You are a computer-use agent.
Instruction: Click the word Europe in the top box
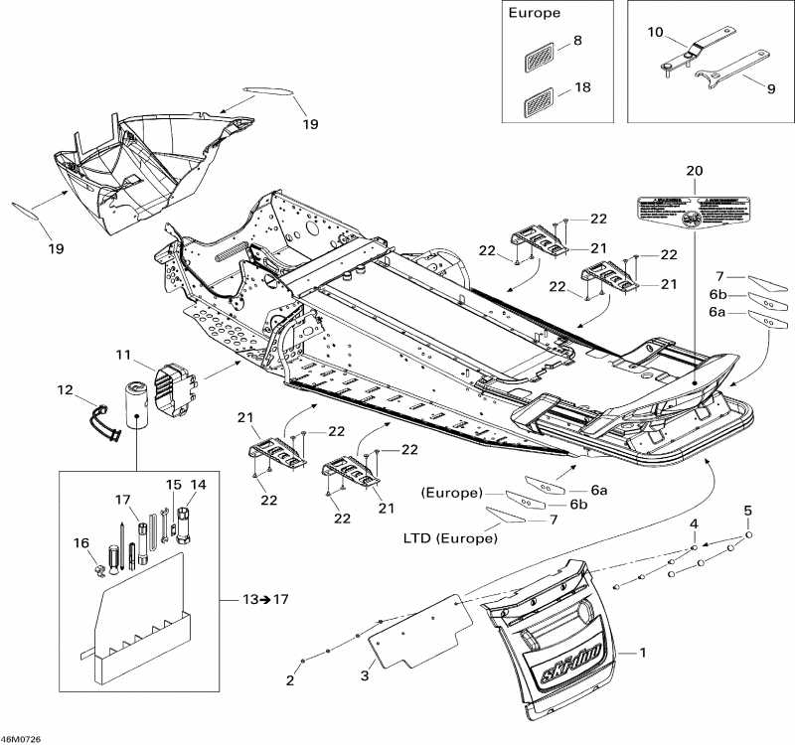[x=534, y=14]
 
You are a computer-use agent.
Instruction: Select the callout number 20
[x=694, y=171]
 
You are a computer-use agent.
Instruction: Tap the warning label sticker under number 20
[x=692, y=212]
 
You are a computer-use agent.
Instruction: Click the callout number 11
[x=123, y=355]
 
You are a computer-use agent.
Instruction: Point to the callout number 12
[x=65, y=390]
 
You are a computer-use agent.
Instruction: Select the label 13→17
[x=265, y=599]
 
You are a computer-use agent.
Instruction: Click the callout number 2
[x=290, y=681]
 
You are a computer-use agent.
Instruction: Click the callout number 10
[x=655, y=33]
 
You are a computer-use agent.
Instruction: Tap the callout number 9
[x=770, y=87]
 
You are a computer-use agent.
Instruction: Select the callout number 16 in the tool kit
[x=80, y=542]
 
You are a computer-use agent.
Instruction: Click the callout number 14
[x=198, y=485]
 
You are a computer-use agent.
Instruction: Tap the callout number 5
[x=748, y=511]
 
